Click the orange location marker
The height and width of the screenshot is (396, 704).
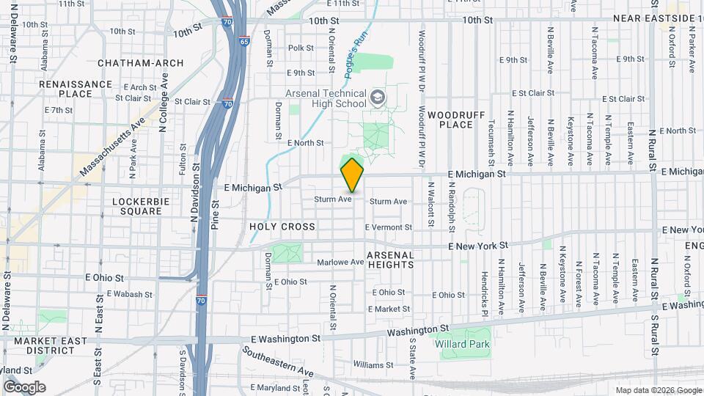(352, 175)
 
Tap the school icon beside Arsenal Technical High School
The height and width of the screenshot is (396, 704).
(378, 98)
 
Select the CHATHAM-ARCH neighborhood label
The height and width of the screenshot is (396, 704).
(140, 63)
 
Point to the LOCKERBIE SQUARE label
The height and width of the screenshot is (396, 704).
(136, 205)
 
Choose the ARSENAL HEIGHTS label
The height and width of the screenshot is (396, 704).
(390, 260)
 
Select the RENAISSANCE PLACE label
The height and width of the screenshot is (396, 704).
(76, 89)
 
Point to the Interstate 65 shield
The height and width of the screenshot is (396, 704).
(243, 42)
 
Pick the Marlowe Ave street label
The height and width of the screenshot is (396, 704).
(340, 262)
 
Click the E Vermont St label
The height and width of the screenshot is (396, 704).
(388, 227)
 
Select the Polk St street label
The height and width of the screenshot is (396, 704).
(301, 48)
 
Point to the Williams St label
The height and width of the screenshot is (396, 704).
(368, 364)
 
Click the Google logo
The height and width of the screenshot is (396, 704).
(24, 387)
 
